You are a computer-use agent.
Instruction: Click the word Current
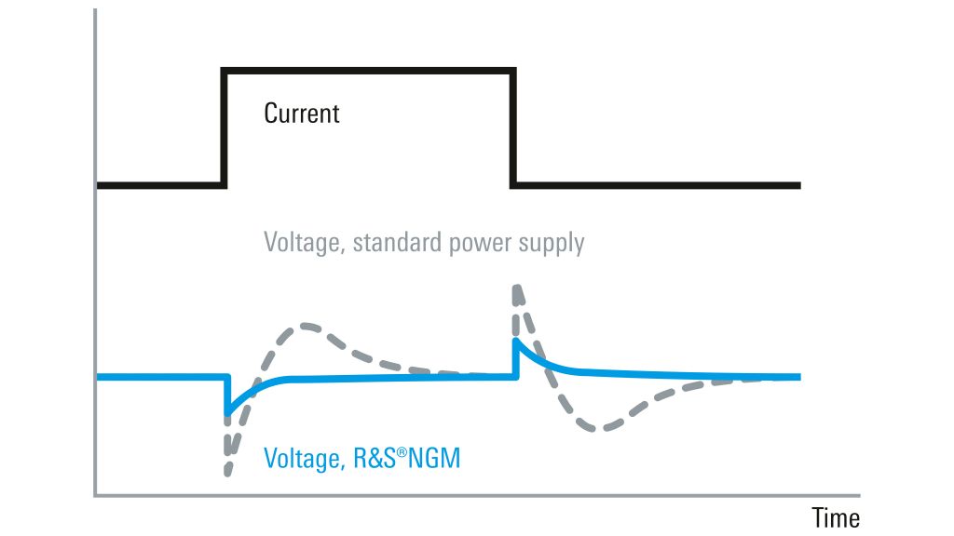[x=302, y=114]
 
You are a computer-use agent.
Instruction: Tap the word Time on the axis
[x=836, y=518]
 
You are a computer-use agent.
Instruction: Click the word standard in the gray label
[x=397, y=242]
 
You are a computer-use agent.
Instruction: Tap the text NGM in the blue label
[x=434, y=458]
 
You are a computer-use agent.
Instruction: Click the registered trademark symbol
[x=402, y=451]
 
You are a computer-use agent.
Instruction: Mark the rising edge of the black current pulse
[x=224, y=127]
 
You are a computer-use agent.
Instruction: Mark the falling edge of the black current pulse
[x=513, y=127]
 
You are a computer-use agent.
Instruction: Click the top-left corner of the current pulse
[x=224, y=71]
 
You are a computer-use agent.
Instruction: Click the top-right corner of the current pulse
[x=513, y=71]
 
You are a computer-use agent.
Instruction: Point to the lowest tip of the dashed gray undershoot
[x=227, y=473]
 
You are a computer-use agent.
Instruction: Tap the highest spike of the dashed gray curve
[x=518, y=288]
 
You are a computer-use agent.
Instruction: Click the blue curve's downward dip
[x=228, y=413]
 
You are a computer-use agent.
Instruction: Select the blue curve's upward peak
[x=516, y=341]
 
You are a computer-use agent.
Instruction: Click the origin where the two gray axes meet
[x=96, y=496]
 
